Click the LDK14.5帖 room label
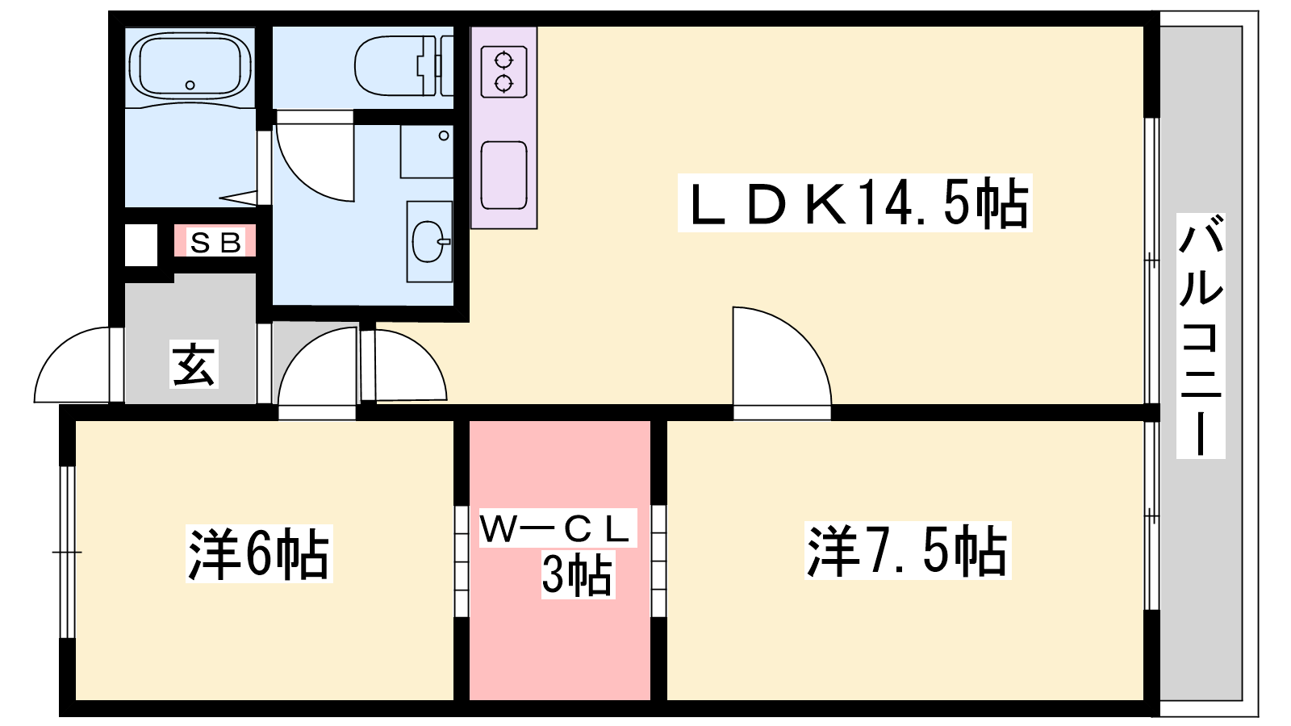pos(854,202)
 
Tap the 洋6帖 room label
pos(259,553)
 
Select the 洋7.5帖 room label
pos(907,551)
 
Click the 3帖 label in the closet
pos(577,574)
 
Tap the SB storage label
pos(215,243)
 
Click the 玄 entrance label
pos(194,364)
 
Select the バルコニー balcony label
pos(1201,336)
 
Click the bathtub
pos(190,66)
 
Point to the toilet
pos(403,65)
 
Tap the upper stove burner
pos(503,60)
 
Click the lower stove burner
pos(503,84)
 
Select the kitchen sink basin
pos(503,175)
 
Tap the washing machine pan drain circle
pos(444,136)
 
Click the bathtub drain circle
pos(190,86)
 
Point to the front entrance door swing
pos(72,365)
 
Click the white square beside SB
pos(141,245)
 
